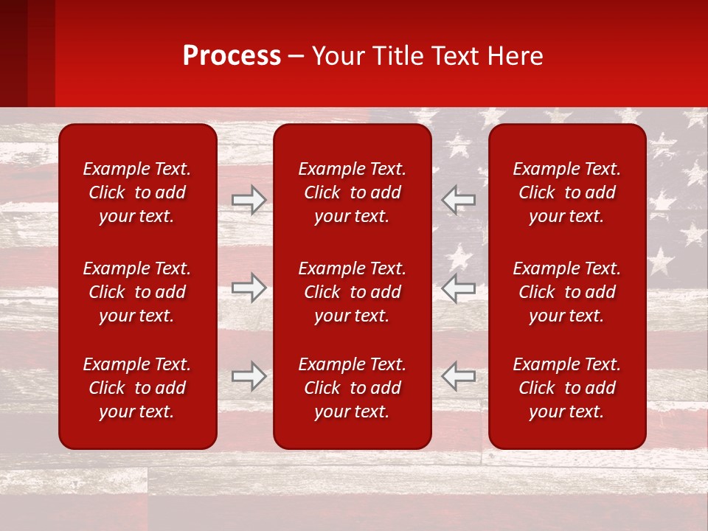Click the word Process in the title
coord(232,56)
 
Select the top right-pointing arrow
coord(249,200)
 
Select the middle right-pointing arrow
coord(249,288)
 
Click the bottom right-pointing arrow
coord(249,376)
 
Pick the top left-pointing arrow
coord(458,200)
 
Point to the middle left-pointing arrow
coord(458,288)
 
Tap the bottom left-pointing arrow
coord(458,376)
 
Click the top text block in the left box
coord(137,192)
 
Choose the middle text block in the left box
coord(137,292)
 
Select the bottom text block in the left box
coord(137,388)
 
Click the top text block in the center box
coord(352,192)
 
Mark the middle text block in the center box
coord(352,292)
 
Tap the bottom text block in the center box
coord(352,388)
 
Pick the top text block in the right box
coord(566,192)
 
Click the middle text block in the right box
coord(566,292)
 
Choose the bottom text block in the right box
coord(566,388)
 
